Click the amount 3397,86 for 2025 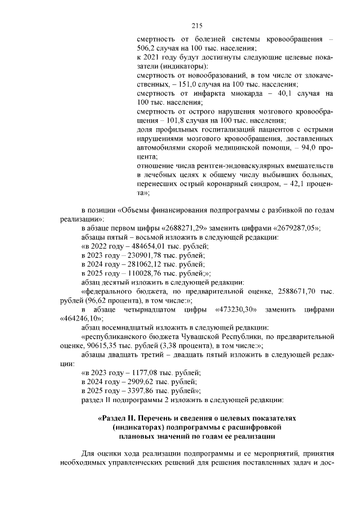145,390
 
